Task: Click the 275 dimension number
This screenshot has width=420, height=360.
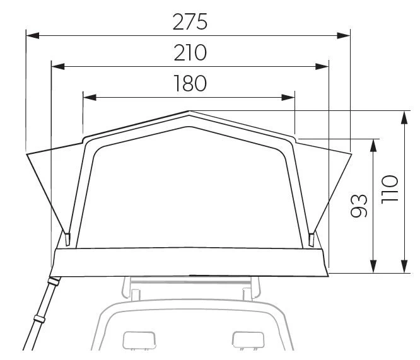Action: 190,21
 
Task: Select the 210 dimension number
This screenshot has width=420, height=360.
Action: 190,52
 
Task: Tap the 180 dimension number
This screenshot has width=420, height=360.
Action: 190,83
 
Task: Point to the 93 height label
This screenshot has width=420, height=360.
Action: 359,206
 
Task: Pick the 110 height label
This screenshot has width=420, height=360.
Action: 390,189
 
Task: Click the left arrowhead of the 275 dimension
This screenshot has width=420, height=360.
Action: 33,35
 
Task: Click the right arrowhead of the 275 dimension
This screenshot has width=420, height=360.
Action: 344,35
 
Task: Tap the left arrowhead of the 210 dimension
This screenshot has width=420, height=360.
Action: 58,66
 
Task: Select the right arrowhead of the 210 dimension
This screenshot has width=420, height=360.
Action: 322,66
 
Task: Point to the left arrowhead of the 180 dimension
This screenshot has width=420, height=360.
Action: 90,98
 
